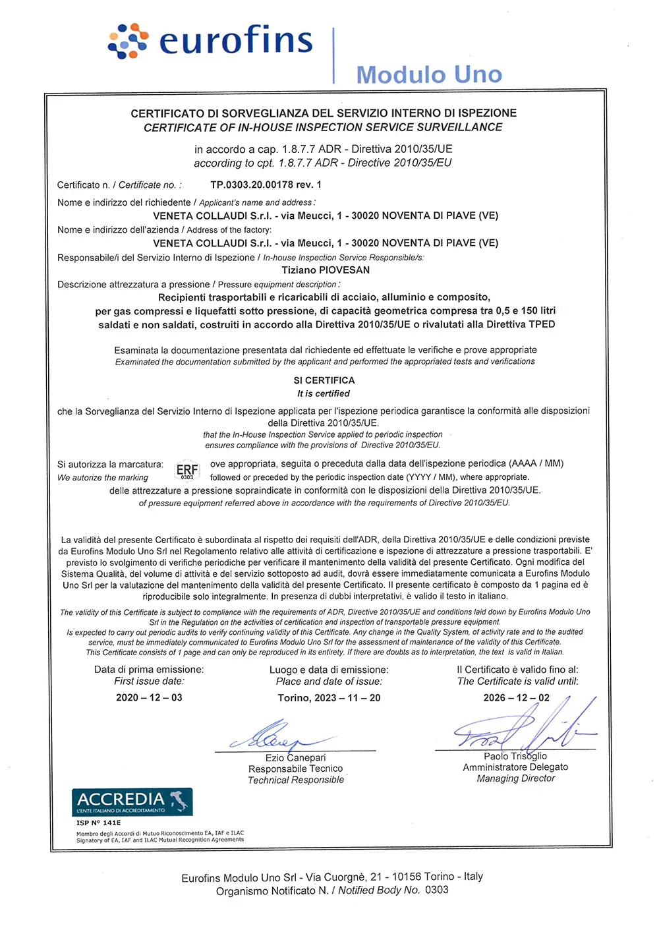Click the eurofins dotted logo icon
(x=128, y=41)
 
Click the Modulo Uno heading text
(x=429, y=74)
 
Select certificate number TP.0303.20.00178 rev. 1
(x=266, y=185)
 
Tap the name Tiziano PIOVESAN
(x=326, y=270)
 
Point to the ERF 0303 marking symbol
(x=187, y=471)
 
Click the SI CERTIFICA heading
(x=324, y=380)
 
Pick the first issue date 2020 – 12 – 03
(x=149, y=697)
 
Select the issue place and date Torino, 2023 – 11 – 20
(x=329, y=697)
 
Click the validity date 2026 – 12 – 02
(x=516, y=697)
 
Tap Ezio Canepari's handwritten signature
(x=277, y=735)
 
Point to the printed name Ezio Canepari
(x=295, y=757)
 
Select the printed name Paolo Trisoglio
(x=515, y=756)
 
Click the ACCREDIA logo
(x=132, y=801)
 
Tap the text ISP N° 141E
(x=98, y=823)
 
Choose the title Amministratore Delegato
(x=515, y=767)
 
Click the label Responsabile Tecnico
(x=295, y=769)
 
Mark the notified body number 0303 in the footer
(x=436, y=890)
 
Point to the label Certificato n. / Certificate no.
(x=119, y=185)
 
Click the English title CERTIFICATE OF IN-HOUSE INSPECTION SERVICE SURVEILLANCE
(x=323, y=127)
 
